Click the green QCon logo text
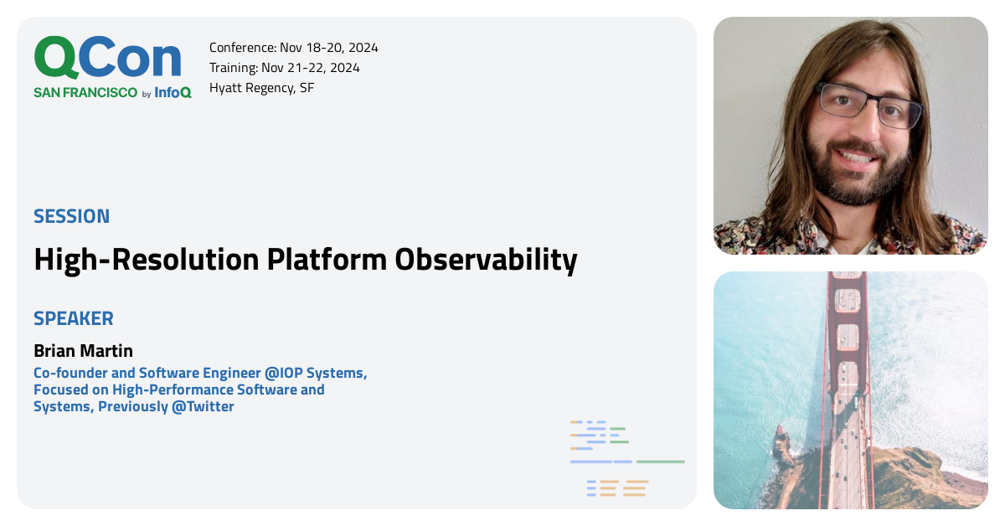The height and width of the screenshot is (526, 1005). (107, 59)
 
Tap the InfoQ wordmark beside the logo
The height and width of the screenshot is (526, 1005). (173, 93)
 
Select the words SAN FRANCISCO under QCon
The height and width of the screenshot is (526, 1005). (85, 93)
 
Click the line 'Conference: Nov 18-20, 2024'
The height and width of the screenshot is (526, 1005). (293, 48)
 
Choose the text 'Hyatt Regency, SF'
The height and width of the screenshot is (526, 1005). (261, 88)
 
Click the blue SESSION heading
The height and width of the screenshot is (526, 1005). (71, 216)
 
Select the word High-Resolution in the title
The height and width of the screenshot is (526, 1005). (146, 260)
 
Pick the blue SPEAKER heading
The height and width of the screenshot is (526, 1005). (74, 319)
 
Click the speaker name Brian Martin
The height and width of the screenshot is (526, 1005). (83, 350)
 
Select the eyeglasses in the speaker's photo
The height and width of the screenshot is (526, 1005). (867, 105)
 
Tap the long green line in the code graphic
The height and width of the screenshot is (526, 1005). (660, 462)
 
